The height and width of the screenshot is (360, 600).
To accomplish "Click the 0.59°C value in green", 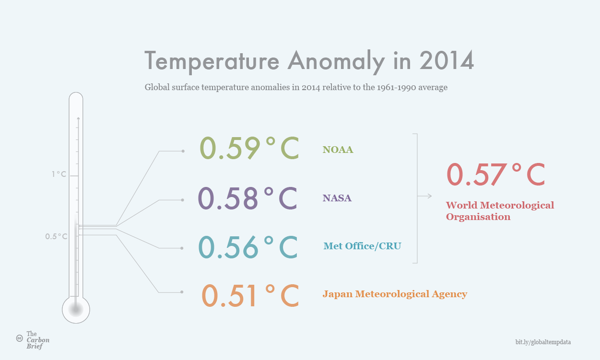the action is coord(249,148).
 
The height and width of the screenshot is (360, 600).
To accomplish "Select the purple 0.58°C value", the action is coord(247,198).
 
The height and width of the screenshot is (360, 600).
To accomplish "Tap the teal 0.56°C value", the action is coord(248,247).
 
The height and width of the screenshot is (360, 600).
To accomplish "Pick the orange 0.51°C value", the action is coord(250,295).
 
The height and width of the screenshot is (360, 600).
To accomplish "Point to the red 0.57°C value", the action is coord(496,174).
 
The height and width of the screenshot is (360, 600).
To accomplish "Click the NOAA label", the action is coord(338,150).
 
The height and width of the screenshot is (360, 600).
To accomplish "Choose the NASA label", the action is coord(337,198).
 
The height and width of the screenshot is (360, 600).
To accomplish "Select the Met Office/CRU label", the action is coord(362,246).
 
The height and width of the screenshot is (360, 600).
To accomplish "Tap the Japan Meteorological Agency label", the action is coord(395,294).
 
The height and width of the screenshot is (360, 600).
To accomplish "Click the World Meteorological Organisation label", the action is coord(500,211).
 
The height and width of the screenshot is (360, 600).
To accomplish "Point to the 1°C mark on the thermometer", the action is coord(59,174).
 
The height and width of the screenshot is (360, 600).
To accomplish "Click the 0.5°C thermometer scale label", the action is coord(56,236).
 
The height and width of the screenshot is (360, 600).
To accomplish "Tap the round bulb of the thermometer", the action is coord(76,309).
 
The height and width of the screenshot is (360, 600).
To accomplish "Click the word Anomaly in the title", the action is coord(336,62).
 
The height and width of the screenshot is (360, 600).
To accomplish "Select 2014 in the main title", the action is coord(447,61).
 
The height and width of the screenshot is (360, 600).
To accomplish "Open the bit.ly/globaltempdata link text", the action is coord(543,342).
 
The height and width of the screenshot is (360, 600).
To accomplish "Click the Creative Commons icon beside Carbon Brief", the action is coord(20,338).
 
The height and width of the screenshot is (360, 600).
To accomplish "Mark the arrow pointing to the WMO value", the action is coord(424,196).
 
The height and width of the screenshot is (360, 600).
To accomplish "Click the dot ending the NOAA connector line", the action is coord(183,151).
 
